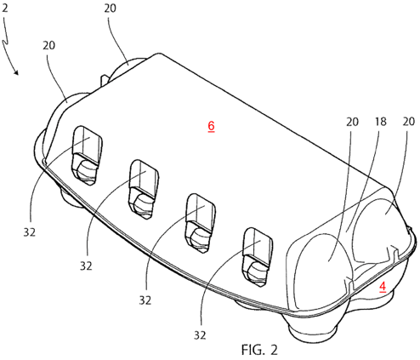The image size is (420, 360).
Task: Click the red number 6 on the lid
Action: pyautogui.click(x=211, y=126)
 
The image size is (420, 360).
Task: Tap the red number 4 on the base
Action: pyautogui.click(x=383, y=286)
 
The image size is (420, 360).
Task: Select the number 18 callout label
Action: pyautogui.click(x=381, y=122)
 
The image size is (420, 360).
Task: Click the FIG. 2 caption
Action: pyautogui.click(x=259, y=350)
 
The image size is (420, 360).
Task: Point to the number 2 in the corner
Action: pyautogui.click(x=5, y=9)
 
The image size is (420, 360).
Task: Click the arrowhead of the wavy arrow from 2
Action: pyautogui.click(x=16, y=72)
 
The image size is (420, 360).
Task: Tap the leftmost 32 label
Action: pyautogui.click(x=30, y=232)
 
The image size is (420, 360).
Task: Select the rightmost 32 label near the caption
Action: pyautogui.click(x=200, y=335)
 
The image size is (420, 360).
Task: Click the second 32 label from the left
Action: pyautogui.click(x=86, y=266)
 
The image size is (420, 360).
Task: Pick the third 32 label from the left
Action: pyautogui.click(x=145, y=300)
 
